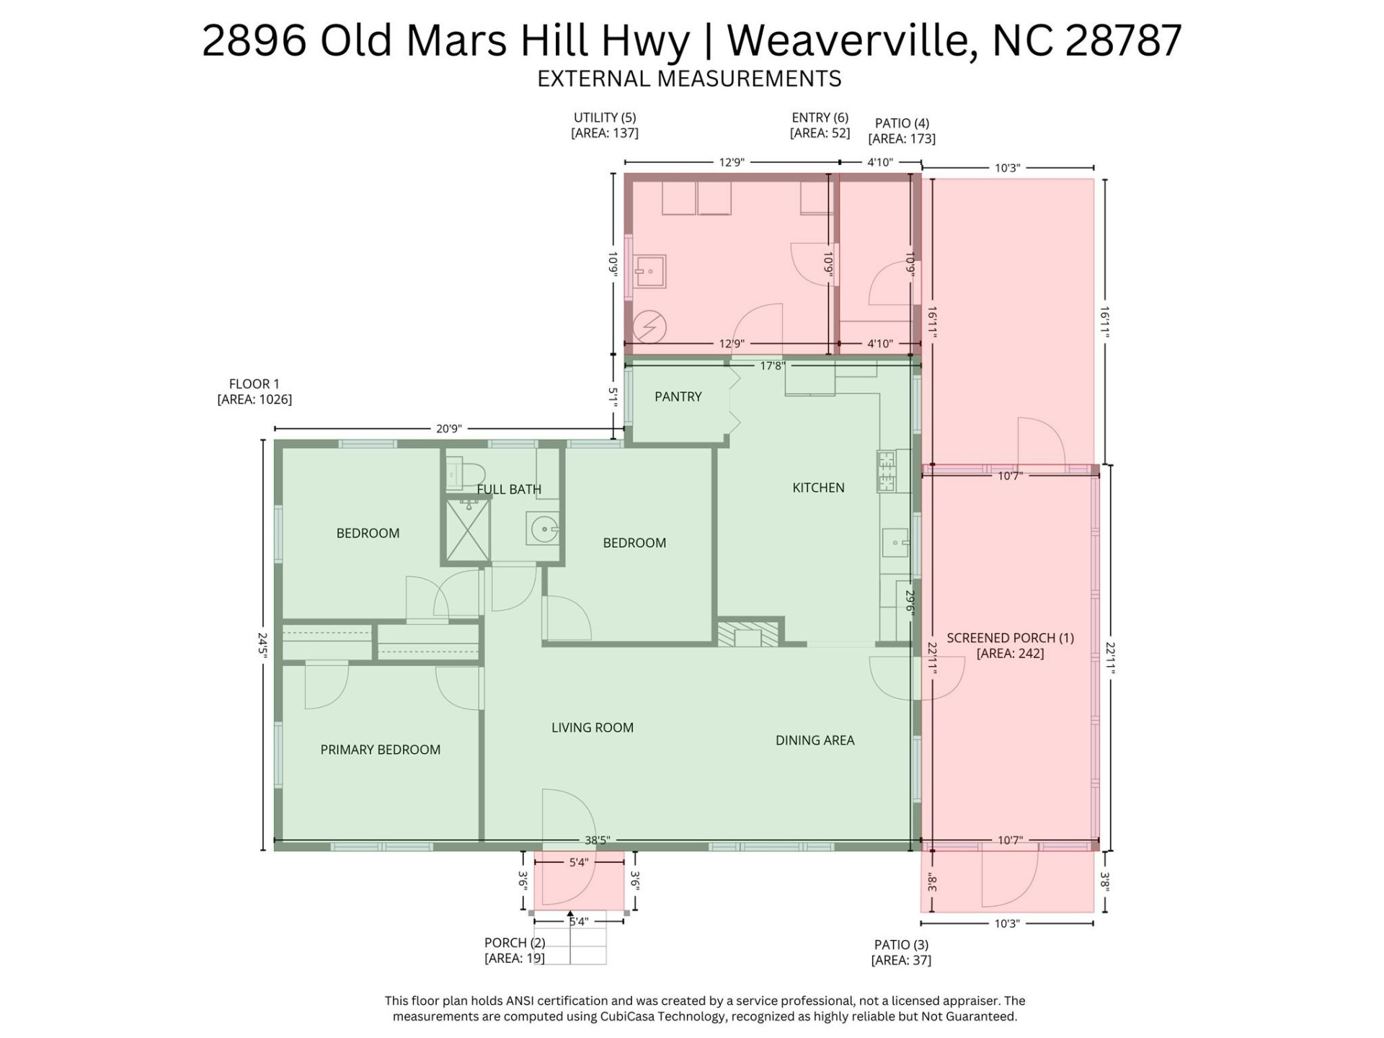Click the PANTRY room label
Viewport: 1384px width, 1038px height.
[x=678, y=396]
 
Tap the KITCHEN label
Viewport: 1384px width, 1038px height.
[x=818, y=488]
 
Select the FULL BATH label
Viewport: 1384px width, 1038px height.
[x=509, y=489]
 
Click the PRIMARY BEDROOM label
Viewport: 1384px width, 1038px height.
[x=380, y=750]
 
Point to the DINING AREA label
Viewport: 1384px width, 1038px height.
[x=815, y=740]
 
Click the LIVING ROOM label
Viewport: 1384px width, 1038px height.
[x=592, y=728]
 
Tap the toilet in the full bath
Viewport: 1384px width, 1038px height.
[x=465, y=474]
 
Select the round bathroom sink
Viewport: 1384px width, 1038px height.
[x=542, y=531]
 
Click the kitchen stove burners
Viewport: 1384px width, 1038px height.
[x=886, y=471]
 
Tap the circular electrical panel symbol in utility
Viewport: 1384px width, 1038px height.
[x=649, y=328]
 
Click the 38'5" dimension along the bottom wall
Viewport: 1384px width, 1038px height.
[x=597, y=840]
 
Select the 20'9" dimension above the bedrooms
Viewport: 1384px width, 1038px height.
[x=448, y=429]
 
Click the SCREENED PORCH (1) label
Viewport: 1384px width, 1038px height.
[x=1010, y=638]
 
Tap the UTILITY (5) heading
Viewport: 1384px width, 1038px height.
[x=604, y=117]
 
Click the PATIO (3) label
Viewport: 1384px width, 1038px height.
[x=901, y=944]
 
